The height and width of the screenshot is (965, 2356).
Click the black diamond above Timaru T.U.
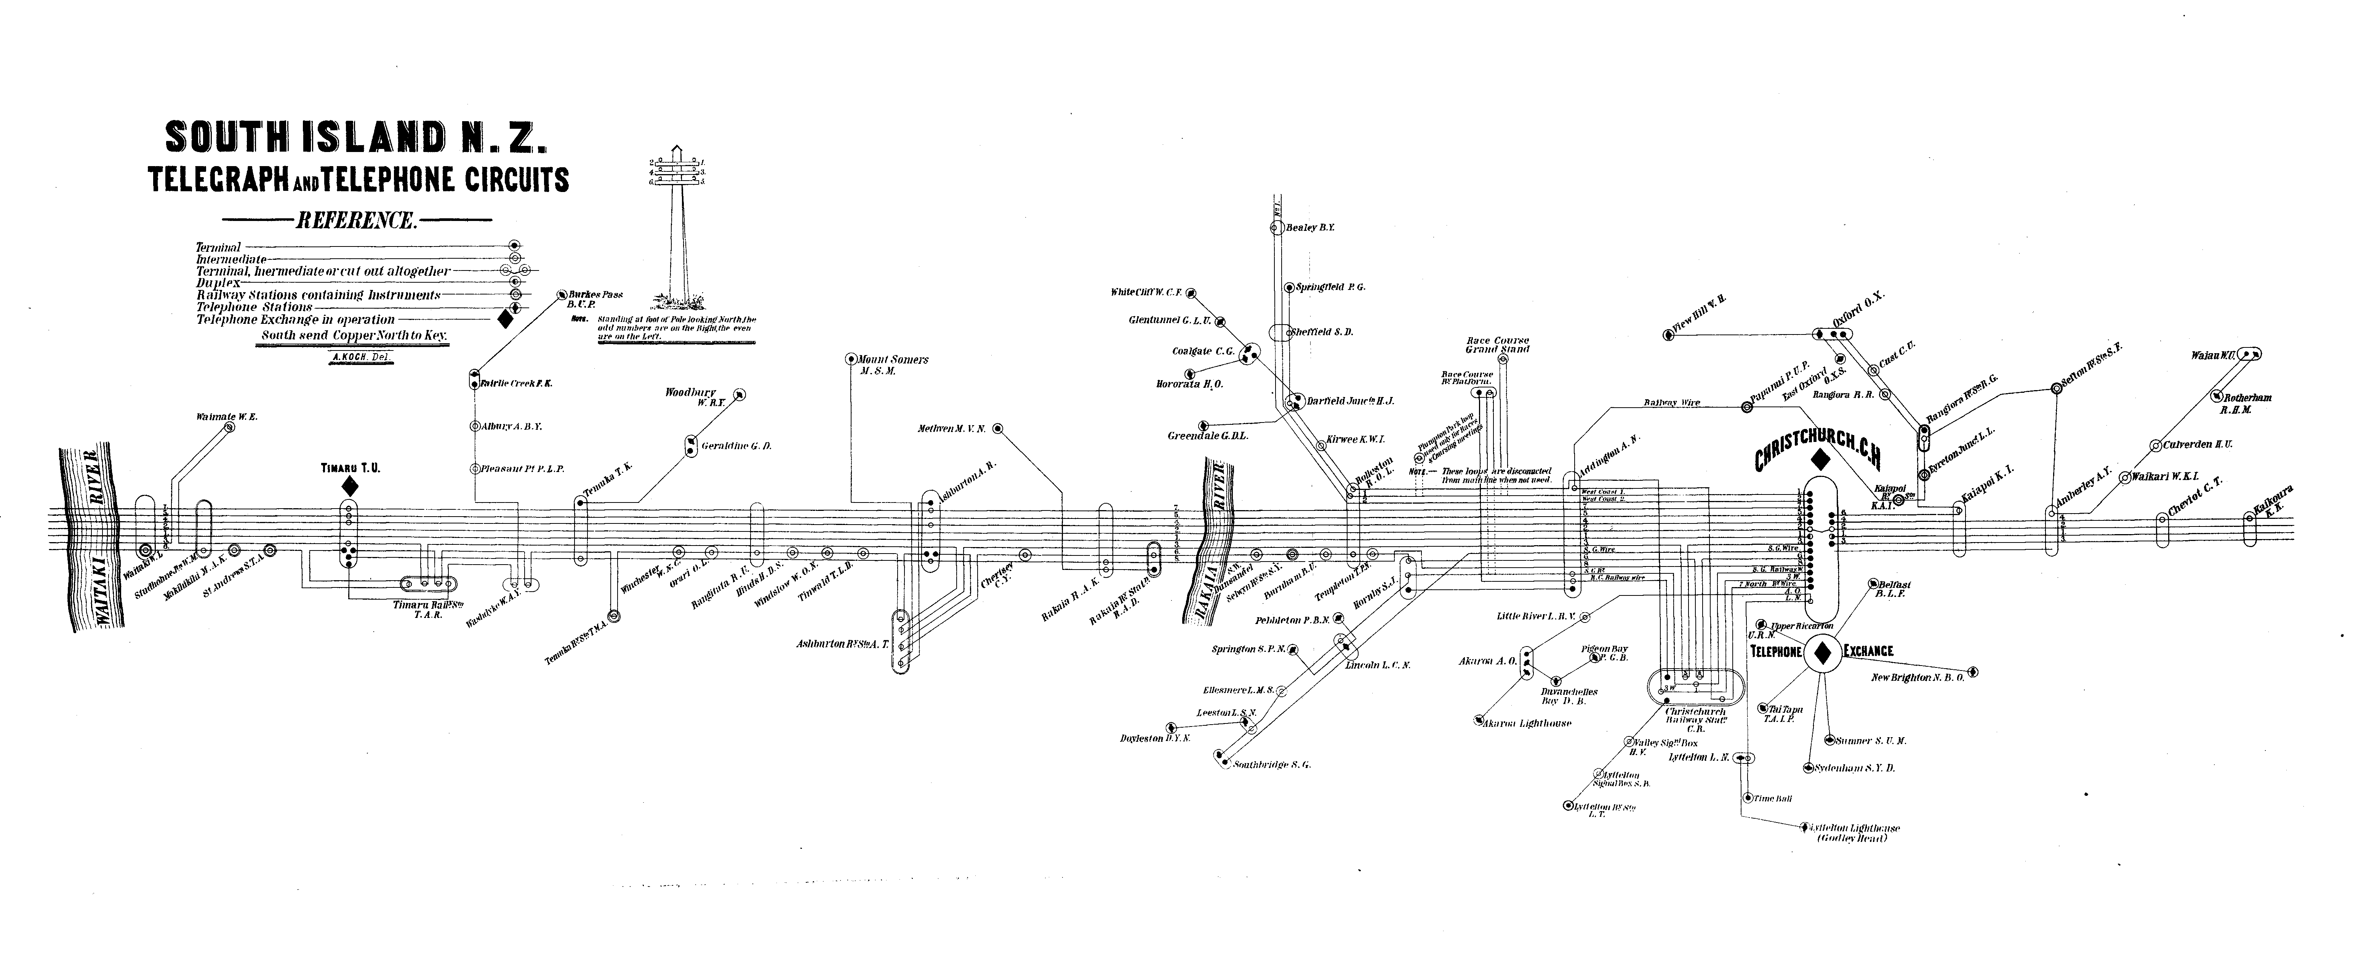349,487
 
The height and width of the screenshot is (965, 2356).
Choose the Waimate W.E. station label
227,417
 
